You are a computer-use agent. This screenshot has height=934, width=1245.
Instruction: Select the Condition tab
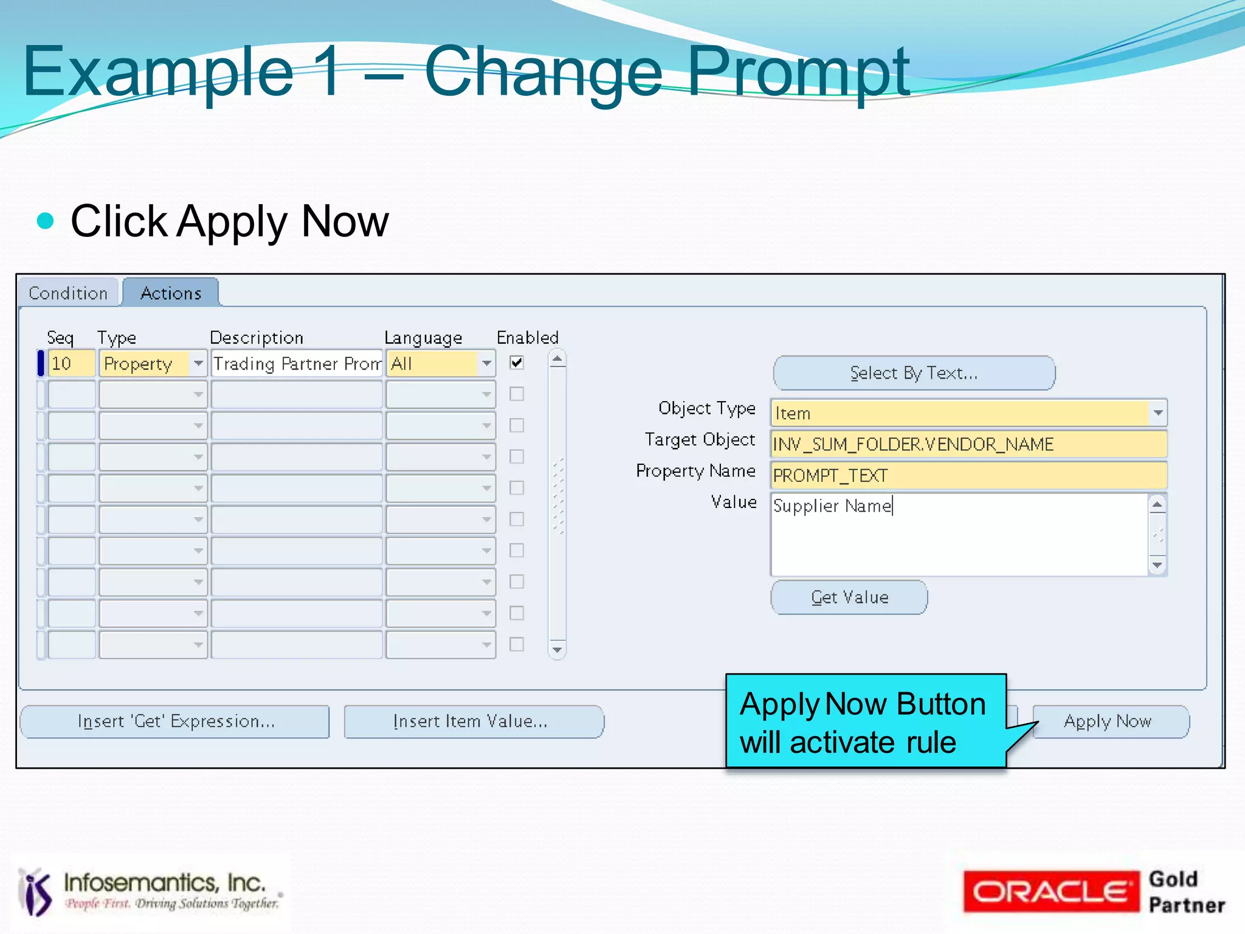pyautogui.click(x=68, y=294)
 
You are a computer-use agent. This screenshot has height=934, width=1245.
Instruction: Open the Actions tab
pyautogui.click(x=171, y=294)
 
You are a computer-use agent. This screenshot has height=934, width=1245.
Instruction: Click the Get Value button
pyautogui.click(x=849, y=597)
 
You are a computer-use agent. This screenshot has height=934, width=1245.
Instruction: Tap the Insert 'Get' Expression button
pyautogui.click(x=176, y=721)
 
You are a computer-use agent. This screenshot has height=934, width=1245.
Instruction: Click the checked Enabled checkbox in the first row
pyautogui.click(x=517, y=363)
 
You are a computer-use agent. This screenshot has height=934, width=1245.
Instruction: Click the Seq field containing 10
pyautogui.click(x=71, y=363)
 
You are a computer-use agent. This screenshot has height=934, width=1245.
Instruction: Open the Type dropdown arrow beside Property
pyautogui.click(x=198, y=363)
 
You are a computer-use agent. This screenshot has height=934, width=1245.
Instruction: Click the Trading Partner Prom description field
pyautogui.click(x=297, y=363)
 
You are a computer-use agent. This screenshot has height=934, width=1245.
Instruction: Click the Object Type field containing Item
pyautogui.click(x=960, y=413)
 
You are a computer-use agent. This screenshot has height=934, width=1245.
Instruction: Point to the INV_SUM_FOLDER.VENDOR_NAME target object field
pyautogui.click(x=968, y=444)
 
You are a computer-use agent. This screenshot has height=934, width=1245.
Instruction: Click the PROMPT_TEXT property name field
pyautogui.click(x=968, y=476)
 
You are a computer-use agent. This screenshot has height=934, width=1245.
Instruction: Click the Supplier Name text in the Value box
pyautogui.click(x=832, y=506)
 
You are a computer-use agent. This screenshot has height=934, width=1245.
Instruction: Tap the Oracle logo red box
pyautogui.click(x=1050, y=891)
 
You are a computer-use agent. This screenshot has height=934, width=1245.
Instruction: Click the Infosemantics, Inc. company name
pyautogui.click(x=164, y=882)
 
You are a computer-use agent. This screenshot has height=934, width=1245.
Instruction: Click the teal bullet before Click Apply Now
pyautogui.click(x=46, y=221)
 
